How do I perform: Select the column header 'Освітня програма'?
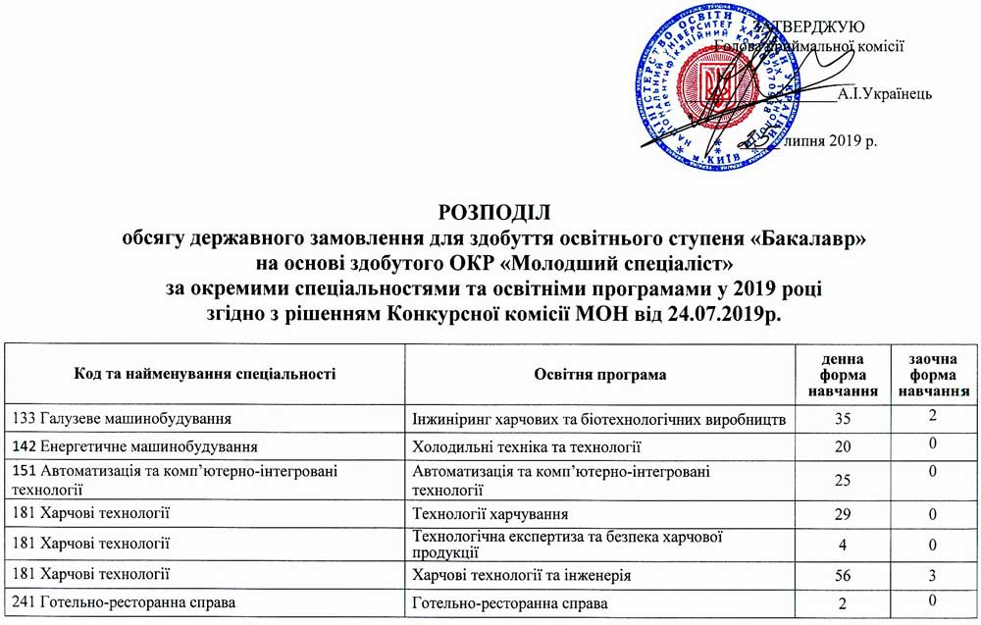tap(600, 375)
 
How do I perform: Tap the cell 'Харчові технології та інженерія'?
tap(522, 574)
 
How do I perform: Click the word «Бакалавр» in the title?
tap(804, 237)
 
